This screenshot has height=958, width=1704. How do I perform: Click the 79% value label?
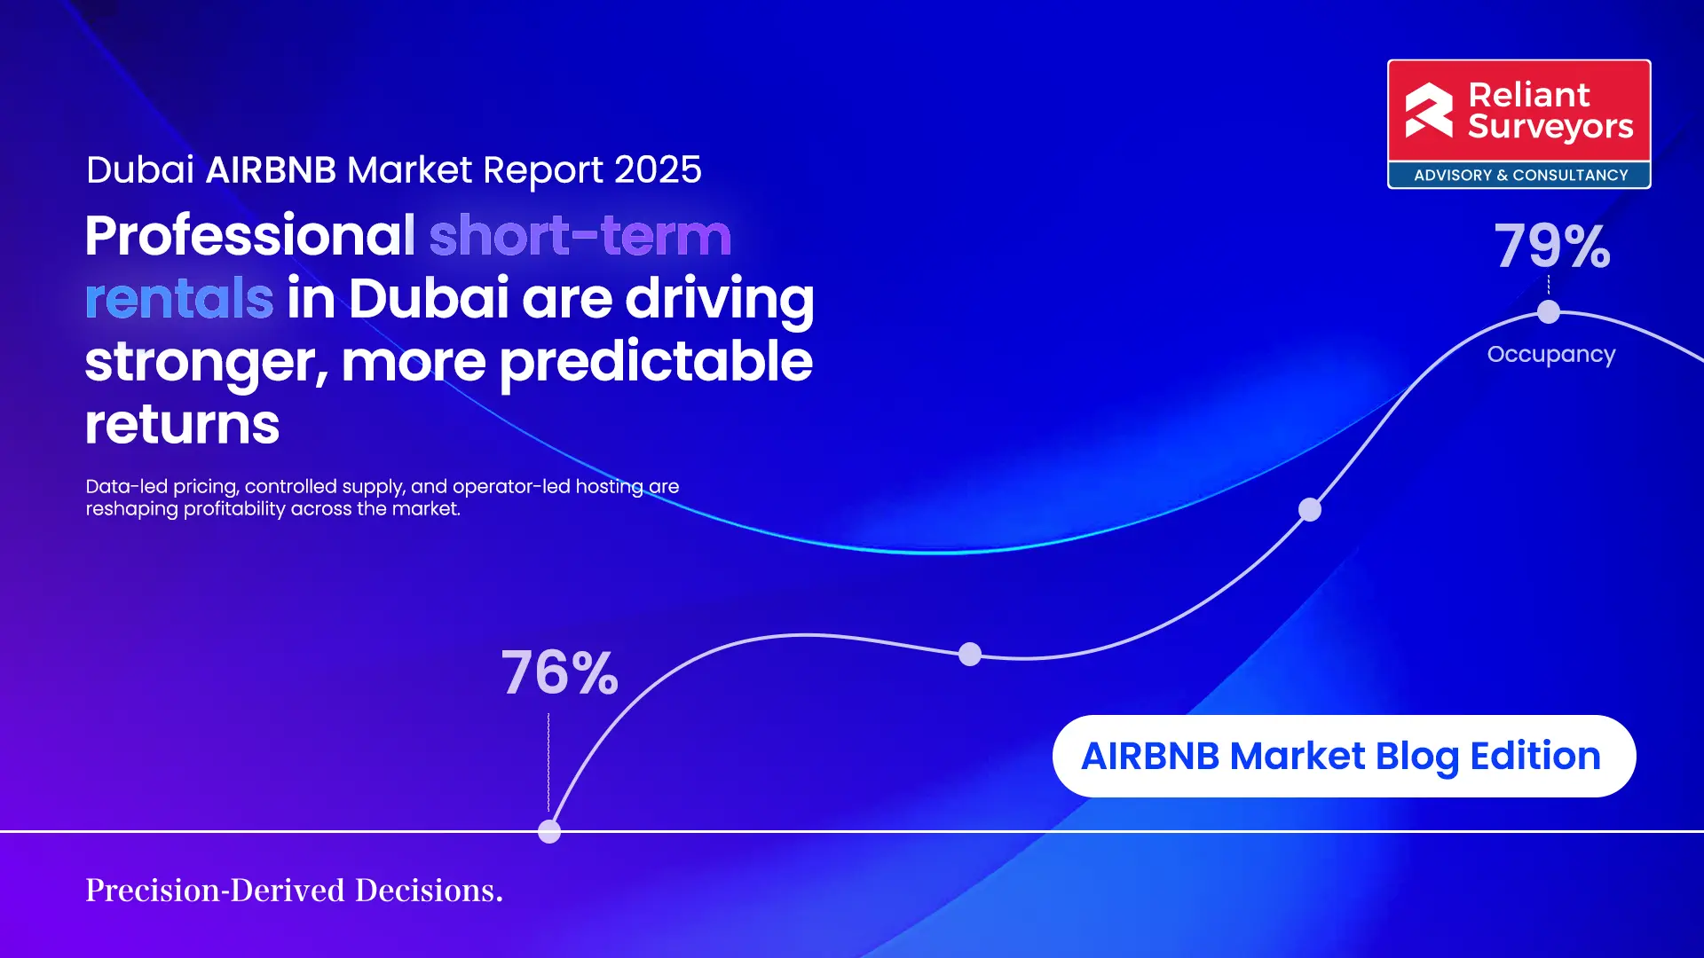pos(1552,246)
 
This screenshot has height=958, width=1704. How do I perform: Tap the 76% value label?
pos(559,672)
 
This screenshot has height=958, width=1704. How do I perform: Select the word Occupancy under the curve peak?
pos(1550,354)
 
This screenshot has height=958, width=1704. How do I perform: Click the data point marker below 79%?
pos(1548,311)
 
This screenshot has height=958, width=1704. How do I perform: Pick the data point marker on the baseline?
pos(549,831)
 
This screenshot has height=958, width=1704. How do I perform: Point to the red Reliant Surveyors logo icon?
pos(1429,111)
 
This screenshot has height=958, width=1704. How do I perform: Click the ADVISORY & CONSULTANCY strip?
pos(1519,175)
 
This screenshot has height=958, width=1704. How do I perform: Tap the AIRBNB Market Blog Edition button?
pos(1343,756)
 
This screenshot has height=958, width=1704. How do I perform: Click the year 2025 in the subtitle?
pos(657,169)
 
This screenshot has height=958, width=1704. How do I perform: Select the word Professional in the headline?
pos(249,236)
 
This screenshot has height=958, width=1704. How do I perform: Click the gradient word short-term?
pos(580,236)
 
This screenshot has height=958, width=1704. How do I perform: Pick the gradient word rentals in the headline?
pos(178,298)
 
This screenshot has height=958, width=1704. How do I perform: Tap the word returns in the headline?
pos(182,424)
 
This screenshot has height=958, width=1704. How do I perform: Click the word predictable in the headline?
pos(655,362)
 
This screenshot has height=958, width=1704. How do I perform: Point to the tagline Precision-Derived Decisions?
pos(294,890)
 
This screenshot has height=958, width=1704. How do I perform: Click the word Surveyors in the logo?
pos(1550,127)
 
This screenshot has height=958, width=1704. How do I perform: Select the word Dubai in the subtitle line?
pos(139,169)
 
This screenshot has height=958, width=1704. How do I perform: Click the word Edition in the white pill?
pos(1534,756)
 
